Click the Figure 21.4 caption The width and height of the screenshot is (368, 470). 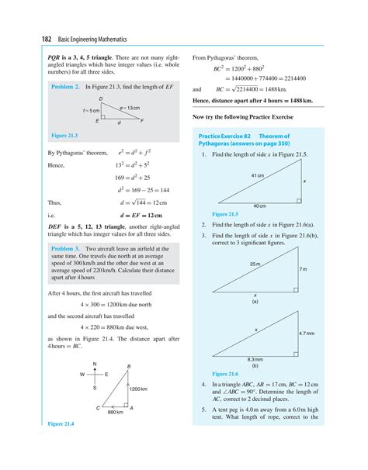[x=61, y=424]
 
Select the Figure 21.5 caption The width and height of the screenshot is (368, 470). [x=224, y=213]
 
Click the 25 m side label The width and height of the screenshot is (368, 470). [x=255, y=264]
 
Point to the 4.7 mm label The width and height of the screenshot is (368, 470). [x=307, y=333]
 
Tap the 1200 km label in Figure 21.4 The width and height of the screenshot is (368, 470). [x=139, y=388]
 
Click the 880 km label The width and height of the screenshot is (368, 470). [x=115, y=412]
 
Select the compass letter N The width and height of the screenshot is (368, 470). [x=94, y=364]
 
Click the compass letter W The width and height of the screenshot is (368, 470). [x=80, y=375]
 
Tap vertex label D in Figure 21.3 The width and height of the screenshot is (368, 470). [x=101, y=100]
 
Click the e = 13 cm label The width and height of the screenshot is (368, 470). [x=130, y=107]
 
